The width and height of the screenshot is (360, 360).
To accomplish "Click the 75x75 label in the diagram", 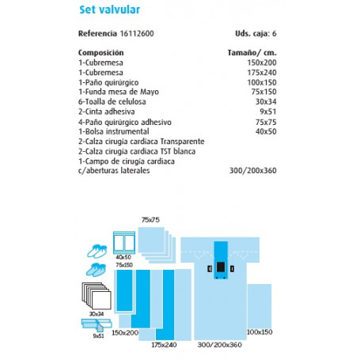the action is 150,218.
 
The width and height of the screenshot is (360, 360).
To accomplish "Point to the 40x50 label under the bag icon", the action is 123,257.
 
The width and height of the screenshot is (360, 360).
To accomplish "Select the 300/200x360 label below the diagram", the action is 214,345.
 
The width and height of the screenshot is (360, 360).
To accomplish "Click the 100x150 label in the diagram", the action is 259,330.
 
